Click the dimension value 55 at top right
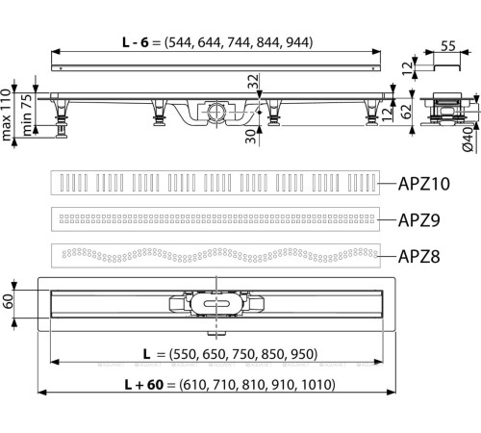click(x=447, y=45)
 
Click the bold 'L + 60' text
click(x=146, y=384)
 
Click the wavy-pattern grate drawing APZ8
click(x=213, y=256)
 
